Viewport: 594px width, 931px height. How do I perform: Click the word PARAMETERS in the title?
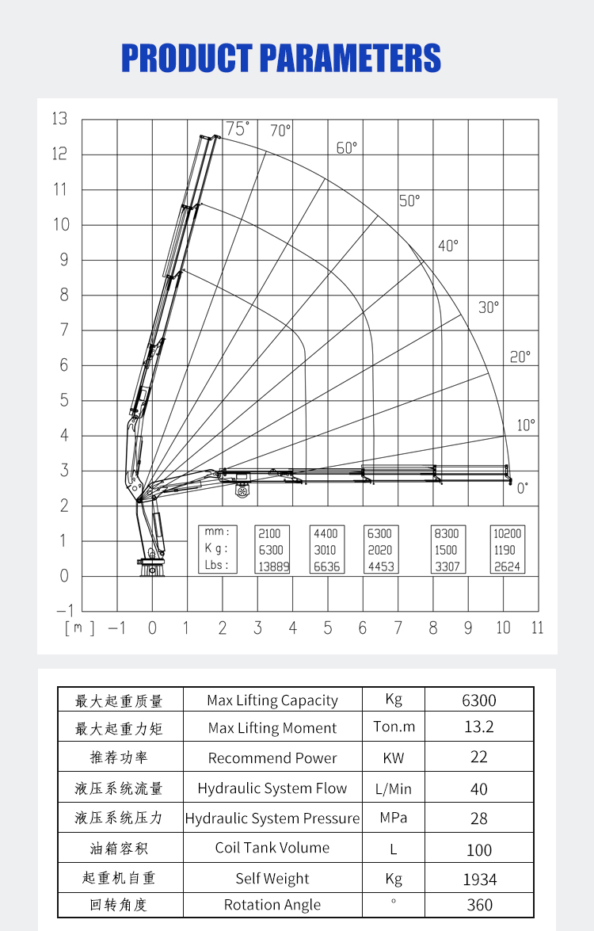tap(351, 59)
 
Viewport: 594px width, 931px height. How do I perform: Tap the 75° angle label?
tap(237, 128)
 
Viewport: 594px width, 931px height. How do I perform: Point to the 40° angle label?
tap(448, 246)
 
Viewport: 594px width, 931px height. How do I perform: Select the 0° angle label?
tap(523, 488)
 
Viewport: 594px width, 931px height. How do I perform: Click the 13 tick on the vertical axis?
tap(59, 119)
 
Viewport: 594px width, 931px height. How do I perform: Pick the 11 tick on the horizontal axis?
tap(538, 628)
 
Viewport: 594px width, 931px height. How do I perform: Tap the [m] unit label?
tap(79, 628)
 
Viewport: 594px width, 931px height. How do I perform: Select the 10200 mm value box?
tap(507, 533)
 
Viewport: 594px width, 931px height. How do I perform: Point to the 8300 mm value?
tap(446, 533)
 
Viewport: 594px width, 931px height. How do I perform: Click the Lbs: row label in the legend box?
tap(215, 565)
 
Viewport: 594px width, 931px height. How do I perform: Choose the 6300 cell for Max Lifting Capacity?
tap(478, 700)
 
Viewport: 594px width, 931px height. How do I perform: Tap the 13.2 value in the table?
tap(478, 727)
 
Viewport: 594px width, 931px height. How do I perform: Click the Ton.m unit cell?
tap(394, 727)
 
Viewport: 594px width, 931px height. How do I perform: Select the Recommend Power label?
tap(272, 758)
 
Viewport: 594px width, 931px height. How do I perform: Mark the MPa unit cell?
tap(394, 817)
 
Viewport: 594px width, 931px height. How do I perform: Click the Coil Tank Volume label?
tap(272, 848)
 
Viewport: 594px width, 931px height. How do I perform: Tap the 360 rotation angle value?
tap(479, 905)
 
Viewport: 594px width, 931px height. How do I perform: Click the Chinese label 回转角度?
tap(119, 905)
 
